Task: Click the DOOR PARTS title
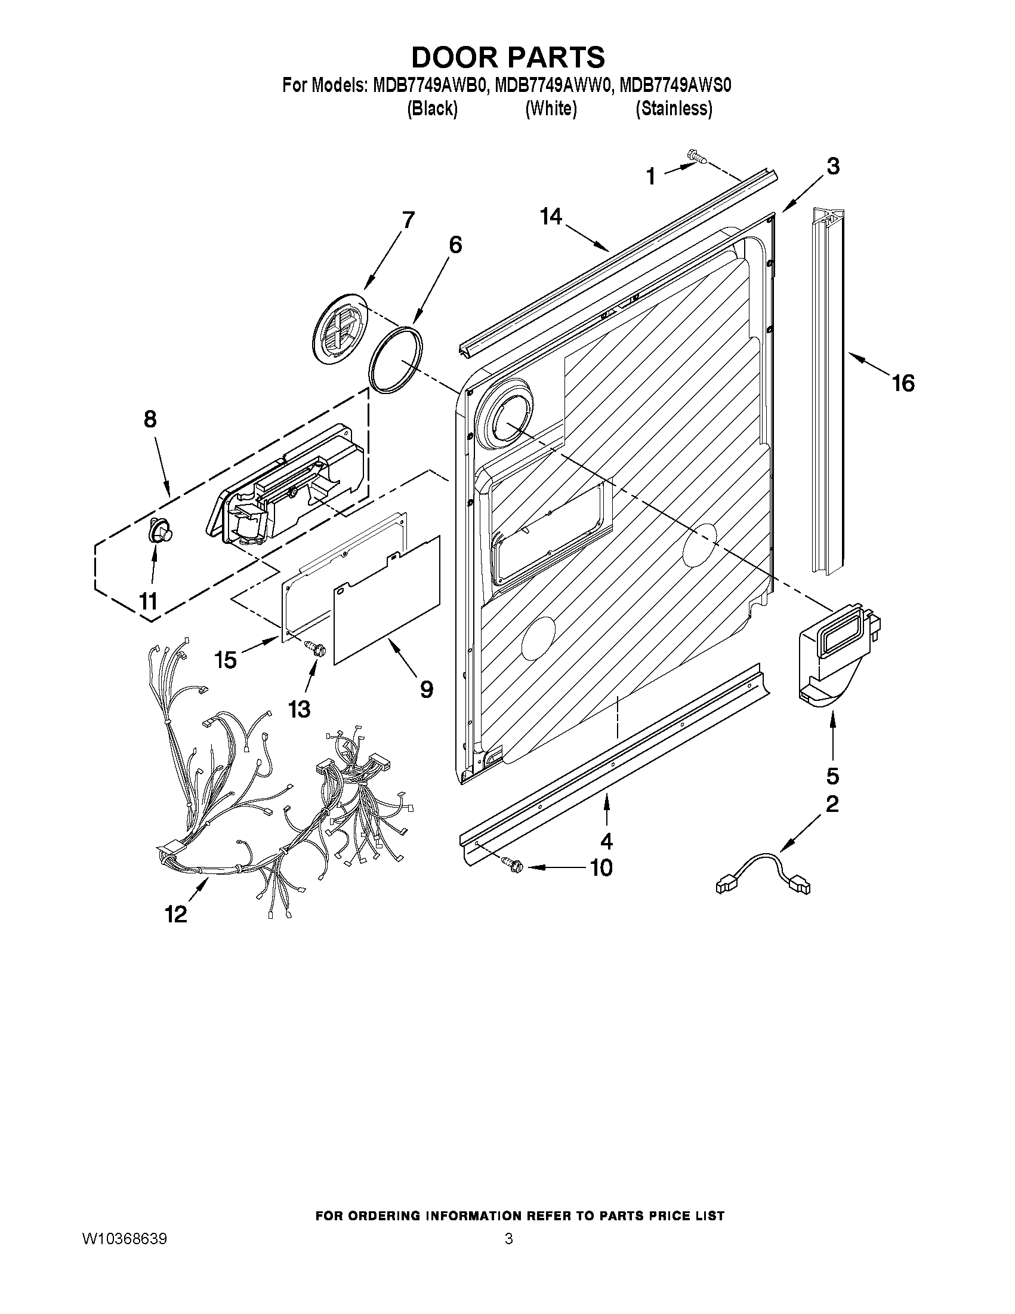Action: coord(507,57)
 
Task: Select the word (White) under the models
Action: coord(550,108)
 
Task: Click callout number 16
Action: coord(903,383)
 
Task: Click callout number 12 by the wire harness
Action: coord(176,915)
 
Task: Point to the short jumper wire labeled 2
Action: coord(763,873)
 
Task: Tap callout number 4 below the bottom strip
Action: coord(607,840)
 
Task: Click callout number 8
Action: coord(150,418)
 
